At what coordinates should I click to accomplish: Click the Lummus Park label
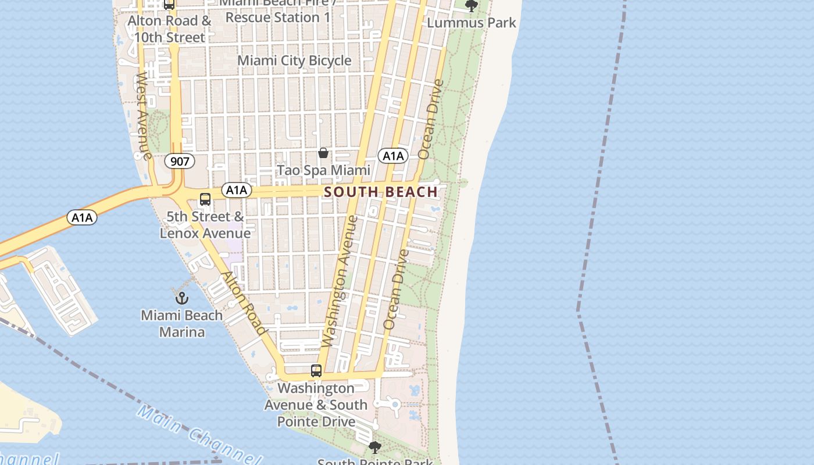472,23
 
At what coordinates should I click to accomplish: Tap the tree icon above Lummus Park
472,6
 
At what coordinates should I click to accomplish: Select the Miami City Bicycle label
294,60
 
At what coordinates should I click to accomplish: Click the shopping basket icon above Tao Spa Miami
323,153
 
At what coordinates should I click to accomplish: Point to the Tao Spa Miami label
323,170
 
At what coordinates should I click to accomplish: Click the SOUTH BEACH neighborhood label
381,192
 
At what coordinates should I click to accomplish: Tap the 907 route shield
180,161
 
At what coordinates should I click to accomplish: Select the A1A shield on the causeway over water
82,217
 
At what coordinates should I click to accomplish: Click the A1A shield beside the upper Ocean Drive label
393,156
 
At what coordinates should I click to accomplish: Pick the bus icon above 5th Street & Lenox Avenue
205,199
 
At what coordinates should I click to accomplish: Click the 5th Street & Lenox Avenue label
205,225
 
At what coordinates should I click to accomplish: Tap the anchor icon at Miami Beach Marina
182,298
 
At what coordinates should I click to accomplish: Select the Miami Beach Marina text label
182,324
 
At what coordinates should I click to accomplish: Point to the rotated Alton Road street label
245,303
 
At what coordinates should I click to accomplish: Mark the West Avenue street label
143,116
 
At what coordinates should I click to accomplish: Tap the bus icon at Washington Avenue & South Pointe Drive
316,370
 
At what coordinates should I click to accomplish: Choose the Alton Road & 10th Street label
170,29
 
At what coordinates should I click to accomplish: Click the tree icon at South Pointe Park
375,447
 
